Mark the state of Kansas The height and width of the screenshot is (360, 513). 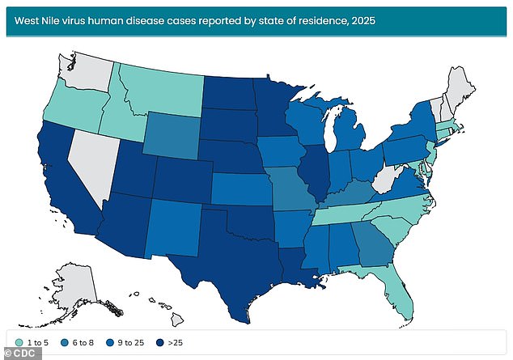tap(244, 191)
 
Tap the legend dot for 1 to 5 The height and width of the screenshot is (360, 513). tap(18, 341)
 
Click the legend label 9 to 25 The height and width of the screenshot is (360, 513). tap(132, 341)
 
